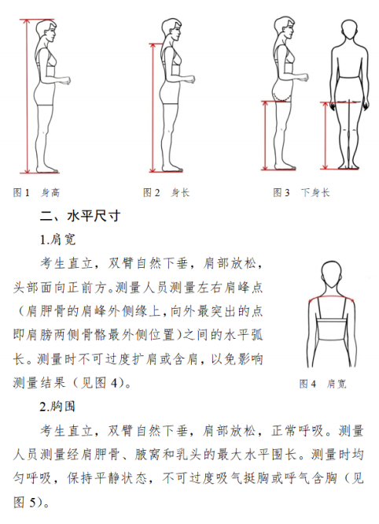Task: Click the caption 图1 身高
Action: pyautogui.click(x=36, y=192)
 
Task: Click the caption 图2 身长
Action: pyautogui.click(x=167, y=192)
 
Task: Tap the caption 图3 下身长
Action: pyautogui.click(x=301, y=192)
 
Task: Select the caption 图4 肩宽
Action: pyautogui.click(x=322, y=384)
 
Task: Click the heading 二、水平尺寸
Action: pyautogui.click(x=80, y=216)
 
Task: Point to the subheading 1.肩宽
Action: pyautogui.click(x=58, y=240)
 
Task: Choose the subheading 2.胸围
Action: pyautogui.click(x=57, y=407)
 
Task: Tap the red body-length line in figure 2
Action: pyautogui.click(x=153, y=108)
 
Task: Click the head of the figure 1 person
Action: pyautogui.click(x=46, y=30)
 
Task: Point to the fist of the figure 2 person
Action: pyautogui.click(x=190, y=80)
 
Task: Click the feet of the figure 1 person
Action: pyautogui.click(x=47, y=169)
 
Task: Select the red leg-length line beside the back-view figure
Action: pyautogui.click(x=326, y=136)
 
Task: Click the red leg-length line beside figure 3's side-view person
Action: pyautogui.click(x=265, y=135)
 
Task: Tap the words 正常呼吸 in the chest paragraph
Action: pyautogui.click(x=297, y=431)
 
